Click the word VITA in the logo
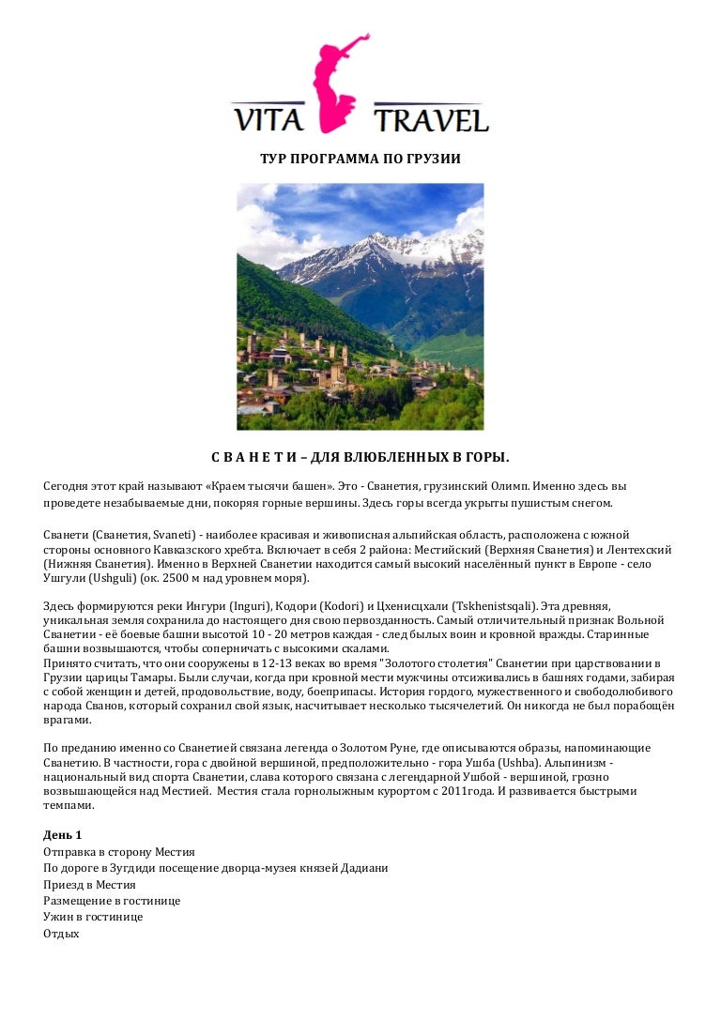[270, 121]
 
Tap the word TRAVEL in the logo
[431, 121]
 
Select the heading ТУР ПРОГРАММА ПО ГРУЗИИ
[360, 159]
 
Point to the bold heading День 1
[63, 835]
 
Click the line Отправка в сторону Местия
[119, 852]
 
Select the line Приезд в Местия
[89, 885]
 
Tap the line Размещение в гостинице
[112, 901]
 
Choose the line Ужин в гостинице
[93, 917]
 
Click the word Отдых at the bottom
[61, 934]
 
